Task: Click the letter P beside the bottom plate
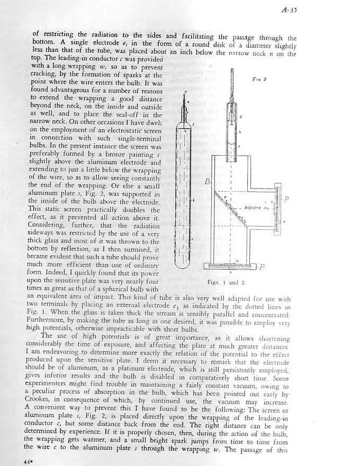[262, 266]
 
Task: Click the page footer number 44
[28, 461]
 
